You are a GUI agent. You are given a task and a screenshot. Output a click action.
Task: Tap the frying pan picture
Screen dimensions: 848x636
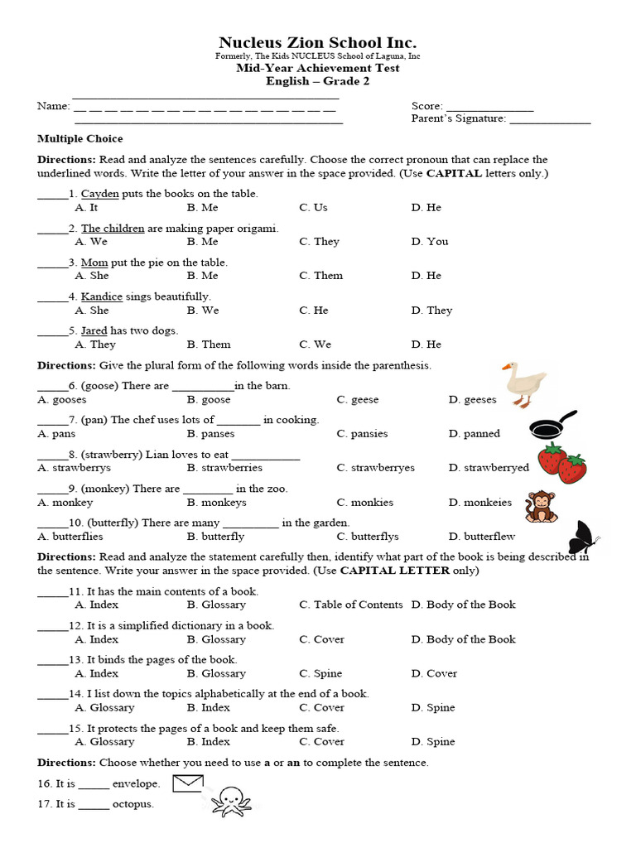pyautogui.click(x=552, y=426)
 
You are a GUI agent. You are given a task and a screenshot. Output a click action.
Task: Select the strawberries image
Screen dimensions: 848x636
pyautogui.click(x=561, y=463)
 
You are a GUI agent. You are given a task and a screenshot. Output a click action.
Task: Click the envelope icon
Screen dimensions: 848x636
pyautogui.click(x=188, y=783)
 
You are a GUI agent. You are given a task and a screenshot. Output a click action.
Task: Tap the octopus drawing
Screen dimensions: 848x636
pyautogui.click(x=231, y=801)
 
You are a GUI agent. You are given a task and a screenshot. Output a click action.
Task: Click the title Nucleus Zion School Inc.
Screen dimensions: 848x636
pyautogui.click(x=317, y=42)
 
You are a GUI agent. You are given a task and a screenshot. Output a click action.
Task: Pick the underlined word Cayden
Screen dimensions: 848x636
pyautogui.click(x=100, y=194)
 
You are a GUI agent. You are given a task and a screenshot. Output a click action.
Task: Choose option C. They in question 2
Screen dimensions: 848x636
pyautogui.click(x=319, y=242)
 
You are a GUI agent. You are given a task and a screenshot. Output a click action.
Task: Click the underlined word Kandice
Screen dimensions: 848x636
pyautogui.click(x=102, y=296)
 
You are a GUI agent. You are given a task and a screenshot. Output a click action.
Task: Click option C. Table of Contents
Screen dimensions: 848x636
pyautogui.click(x=350, y=605)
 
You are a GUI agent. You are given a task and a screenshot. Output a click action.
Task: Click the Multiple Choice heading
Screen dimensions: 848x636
pyautogui.click(x=80, y=139)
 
